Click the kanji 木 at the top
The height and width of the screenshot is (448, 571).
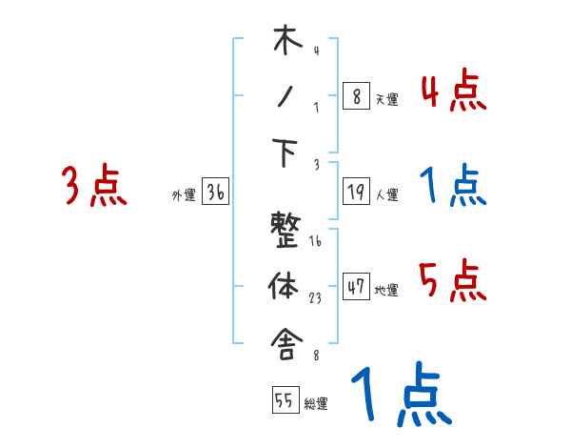286,42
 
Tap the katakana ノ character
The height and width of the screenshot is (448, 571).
285,97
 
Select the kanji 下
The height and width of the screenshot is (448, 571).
286,153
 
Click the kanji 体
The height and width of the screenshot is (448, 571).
286,285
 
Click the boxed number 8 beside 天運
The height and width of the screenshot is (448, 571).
356,96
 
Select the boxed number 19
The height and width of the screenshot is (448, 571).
356,193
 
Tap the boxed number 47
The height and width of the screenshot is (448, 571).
356,287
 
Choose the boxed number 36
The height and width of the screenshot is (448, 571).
215,193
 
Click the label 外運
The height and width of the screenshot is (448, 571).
183,195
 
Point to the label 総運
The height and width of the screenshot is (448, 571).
316,404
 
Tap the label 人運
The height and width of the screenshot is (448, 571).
386,195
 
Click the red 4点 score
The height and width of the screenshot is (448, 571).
453,92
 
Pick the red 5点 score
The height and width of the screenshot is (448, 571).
453,282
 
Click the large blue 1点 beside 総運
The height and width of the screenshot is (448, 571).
399,397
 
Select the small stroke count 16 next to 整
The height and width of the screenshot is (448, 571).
315,241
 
